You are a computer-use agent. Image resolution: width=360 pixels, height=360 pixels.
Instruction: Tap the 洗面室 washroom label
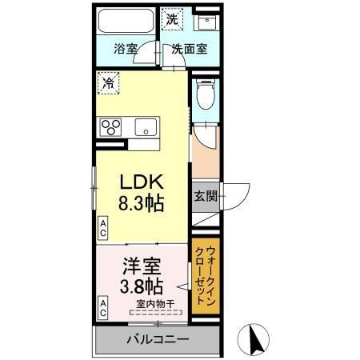[190, 48]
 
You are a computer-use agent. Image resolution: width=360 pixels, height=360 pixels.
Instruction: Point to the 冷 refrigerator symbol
[106, 81]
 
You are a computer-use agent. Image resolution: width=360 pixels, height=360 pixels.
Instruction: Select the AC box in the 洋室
[103, 305]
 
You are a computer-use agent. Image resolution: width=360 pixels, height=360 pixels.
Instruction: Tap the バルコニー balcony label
[157, 339]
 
